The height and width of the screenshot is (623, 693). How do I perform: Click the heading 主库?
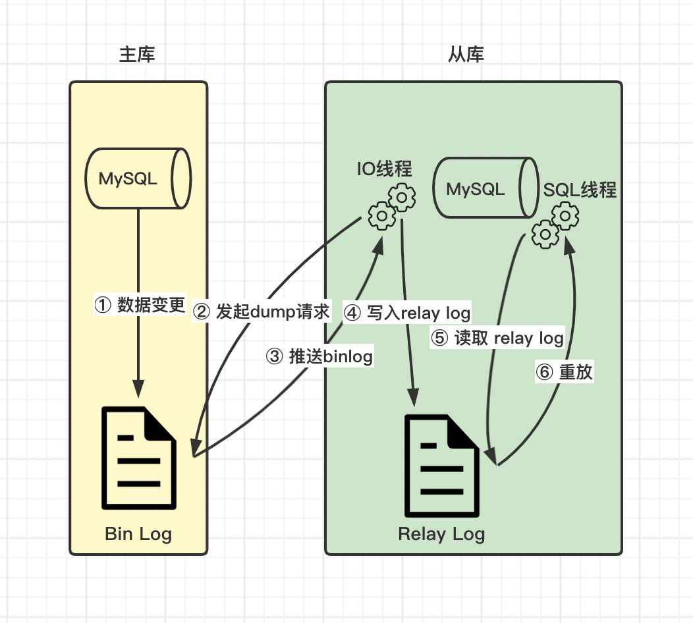coord(137,55)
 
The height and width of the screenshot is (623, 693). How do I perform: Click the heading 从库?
coord(466,55)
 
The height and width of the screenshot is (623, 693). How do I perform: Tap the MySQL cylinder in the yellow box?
coord(138,178)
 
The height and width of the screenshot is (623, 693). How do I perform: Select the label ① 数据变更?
coord(140,304)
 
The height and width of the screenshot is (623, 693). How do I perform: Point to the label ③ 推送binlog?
coord(319,356)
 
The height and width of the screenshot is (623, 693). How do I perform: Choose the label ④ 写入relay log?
coord(408,312)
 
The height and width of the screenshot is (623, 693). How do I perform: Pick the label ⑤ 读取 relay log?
coord(497,338)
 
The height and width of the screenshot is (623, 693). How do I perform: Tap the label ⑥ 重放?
coord(565,372)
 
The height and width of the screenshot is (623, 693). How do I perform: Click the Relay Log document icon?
coord(441,466)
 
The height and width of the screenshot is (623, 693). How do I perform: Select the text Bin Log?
coord(138,533)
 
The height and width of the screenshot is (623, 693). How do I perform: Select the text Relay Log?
coord(441,533)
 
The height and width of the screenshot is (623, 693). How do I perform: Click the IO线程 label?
coord(385,170)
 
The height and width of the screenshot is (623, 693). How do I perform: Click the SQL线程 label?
coord(580,190)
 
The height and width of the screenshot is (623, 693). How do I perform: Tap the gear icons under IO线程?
coord(391,207)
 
